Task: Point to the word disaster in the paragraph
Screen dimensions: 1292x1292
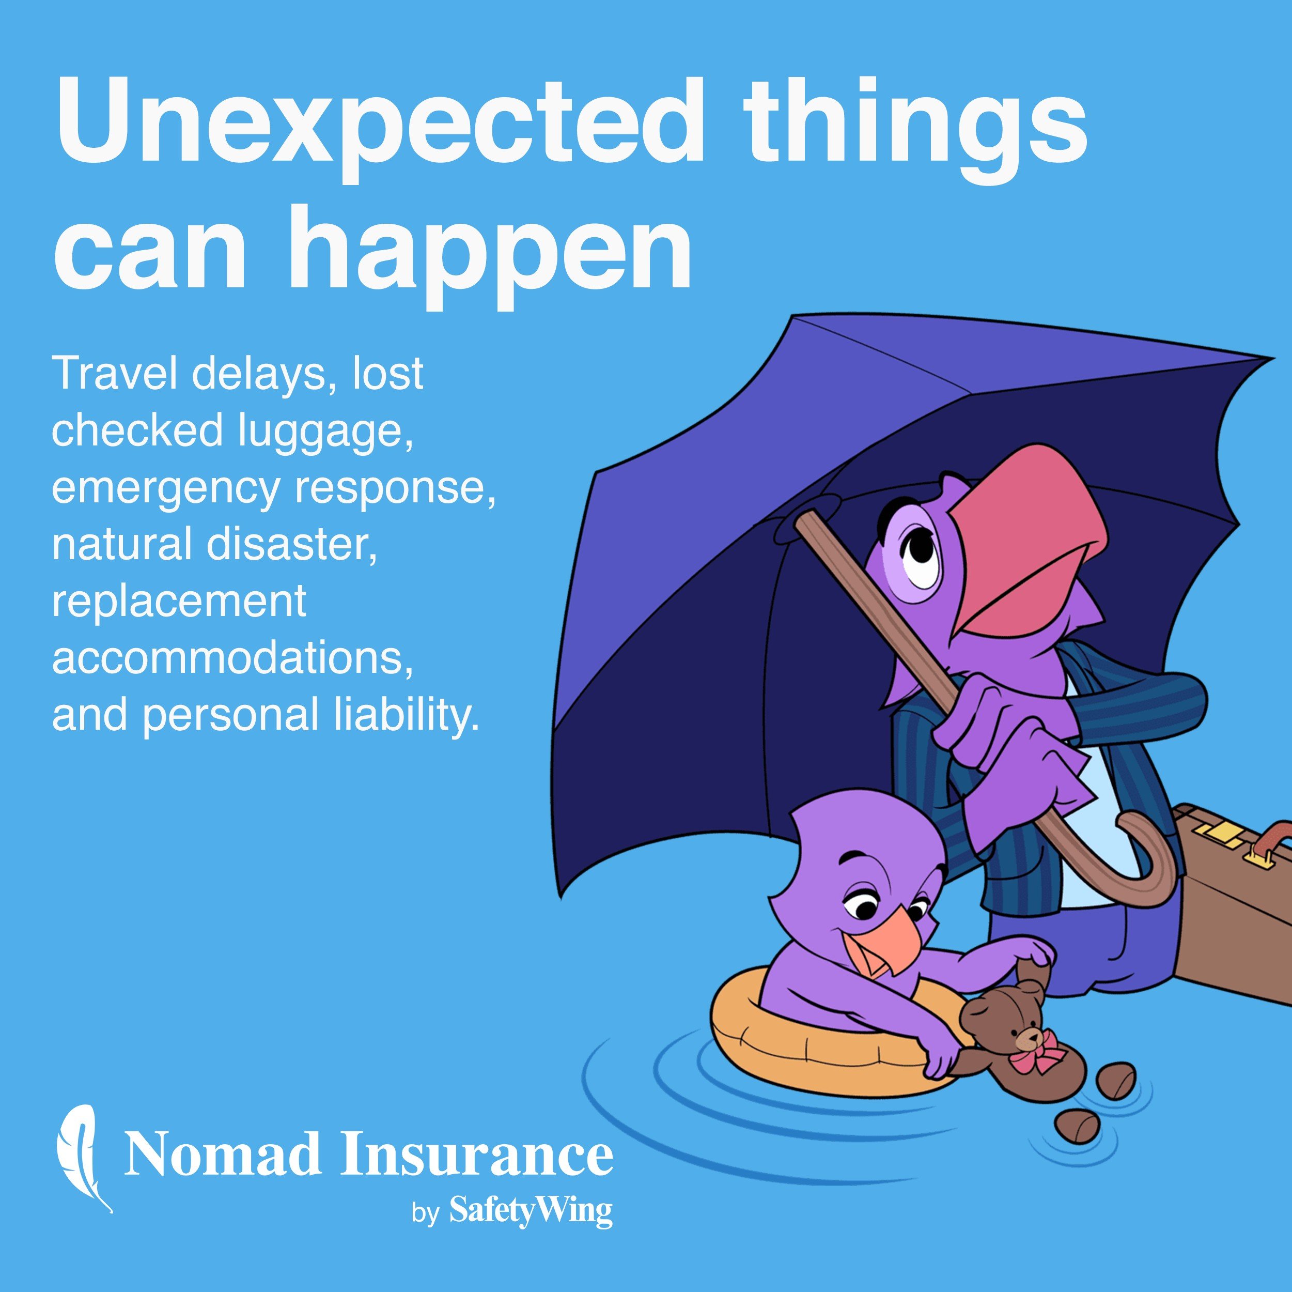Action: pyautogui.click(x=291, y=544)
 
